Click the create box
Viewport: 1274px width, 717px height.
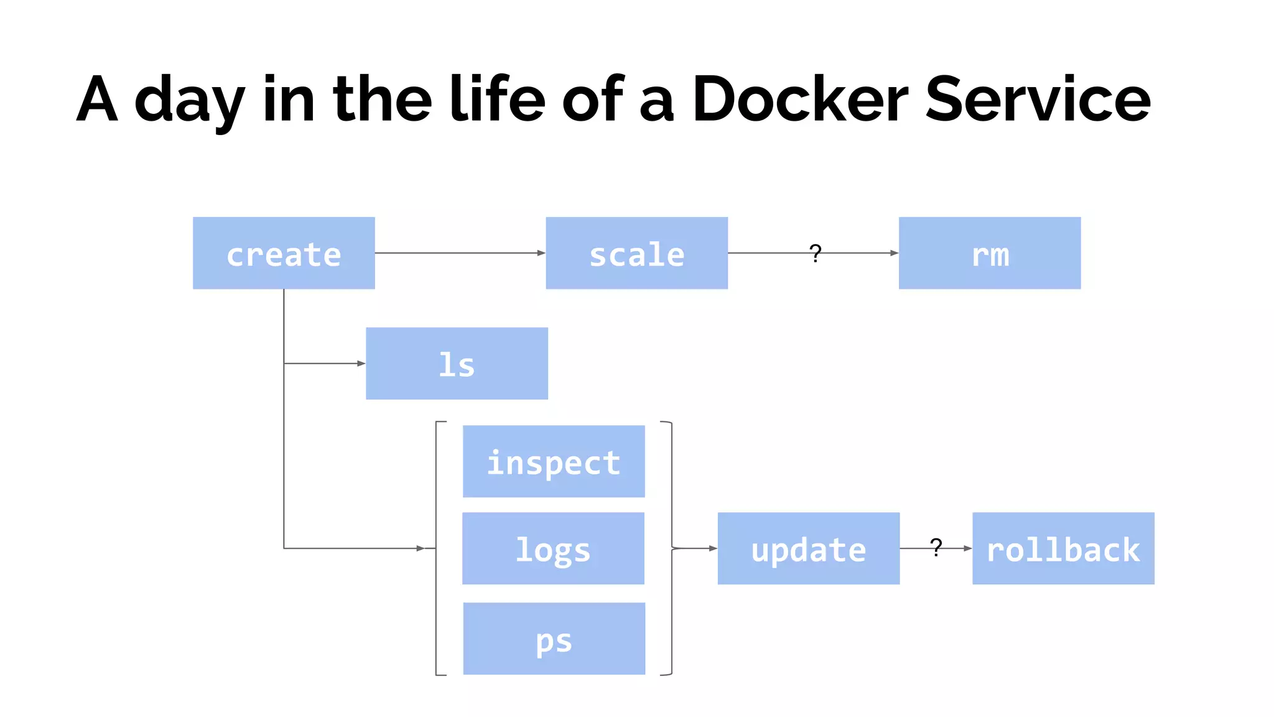pyautogui.click(x=284, y=253)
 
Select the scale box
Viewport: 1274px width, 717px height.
pyautogui.click(x=636, y=253)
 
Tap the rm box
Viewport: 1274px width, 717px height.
pyautogui.click(x=989, y=253)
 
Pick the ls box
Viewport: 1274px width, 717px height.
pyautogui.click(x=457, y=363)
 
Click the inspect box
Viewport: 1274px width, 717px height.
pyautogui.click(x=554, y=461)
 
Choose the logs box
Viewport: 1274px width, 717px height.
pyautogui.click(x=553, y=548)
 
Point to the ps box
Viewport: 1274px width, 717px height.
pyautogui.click(x=554, y=639)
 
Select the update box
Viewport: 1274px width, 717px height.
pyautogui.click(x=808, y=548)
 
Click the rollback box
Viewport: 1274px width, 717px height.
pyautogui.click(x=1063, y=548)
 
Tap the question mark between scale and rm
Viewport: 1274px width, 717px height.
pyautogui.click(x=816, y=253)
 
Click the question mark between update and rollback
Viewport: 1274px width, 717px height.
pyautogui.click(x=936, y=547)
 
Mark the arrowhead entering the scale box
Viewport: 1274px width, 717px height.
pyautogui.click(x=541, y=253)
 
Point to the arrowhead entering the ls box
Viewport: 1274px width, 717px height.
pyautogui.click(x=361, y=363)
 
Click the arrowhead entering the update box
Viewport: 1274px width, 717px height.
pyautogui.click(x=713, y=548)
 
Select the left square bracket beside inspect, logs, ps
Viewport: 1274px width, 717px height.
pyautogui.click(x=438, y=548)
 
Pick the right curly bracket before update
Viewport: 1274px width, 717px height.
pyautogui.click(x=670, y=548)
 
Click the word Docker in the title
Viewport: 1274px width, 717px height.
pyautogui.click(x=800, y=100)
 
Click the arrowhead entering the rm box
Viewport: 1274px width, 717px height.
pyautogui.click(x=894, y=253)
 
